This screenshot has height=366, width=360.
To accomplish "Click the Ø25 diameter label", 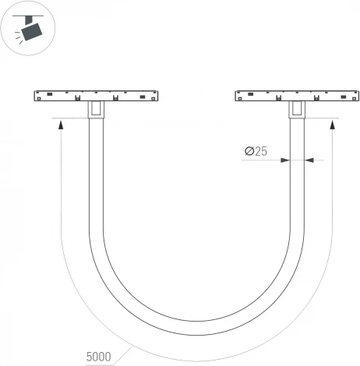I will point(256,152).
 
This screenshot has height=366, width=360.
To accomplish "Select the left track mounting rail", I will point(95,97).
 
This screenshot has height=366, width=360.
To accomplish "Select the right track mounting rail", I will point(296,97).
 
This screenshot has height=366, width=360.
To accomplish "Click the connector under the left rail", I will point(95,111).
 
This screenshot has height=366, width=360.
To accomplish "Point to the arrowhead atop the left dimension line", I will point(60,124).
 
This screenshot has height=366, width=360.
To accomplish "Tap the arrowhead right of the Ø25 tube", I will point(307,160).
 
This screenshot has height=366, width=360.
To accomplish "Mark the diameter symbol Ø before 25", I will point(249,152).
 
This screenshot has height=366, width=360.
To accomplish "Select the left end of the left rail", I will point(36,97).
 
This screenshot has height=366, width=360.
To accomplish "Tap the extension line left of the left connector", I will point(70,118).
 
